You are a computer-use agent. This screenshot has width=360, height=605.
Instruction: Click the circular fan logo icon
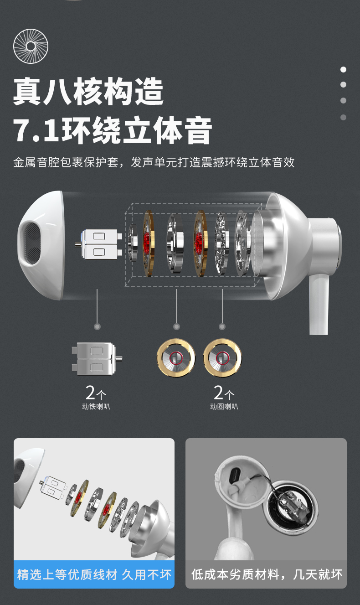[31, 46]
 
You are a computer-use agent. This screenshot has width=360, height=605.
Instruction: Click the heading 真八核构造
[88, 91]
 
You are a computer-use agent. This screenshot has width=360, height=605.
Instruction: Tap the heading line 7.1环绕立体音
[112, 130]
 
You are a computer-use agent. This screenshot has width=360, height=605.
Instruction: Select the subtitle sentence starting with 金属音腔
[154, 162]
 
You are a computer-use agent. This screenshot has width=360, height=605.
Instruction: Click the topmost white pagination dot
[343, 69]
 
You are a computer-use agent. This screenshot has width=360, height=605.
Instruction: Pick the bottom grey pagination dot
[343, 117]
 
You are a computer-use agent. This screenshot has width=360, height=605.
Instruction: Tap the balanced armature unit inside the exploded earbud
[99, 244]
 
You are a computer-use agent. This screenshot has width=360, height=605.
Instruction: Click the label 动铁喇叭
[96, 407]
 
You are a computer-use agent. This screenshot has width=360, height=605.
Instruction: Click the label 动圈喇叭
[224, 407]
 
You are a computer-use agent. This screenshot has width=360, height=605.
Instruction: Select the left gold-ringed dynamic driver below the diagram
[176, 358]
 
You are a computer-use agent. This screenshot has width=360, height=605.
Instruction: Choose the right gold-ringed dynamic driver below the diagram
[223, 358]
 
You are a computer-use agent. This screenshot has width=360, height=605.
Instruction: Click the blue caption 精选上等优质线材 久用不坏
[94, 574]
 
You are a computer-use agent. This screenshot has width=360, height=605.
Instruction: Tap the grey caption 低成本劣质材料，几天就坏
[267, 574]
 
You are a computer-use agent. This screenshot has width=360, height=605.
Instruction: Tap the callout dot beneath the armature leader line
[97, 327]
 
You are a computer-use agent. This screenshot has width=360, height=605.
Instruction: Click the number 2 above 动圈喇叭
[218, 393]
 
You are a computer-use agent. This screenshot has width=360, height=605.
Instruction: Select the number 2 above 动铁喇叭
[90, 393]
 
